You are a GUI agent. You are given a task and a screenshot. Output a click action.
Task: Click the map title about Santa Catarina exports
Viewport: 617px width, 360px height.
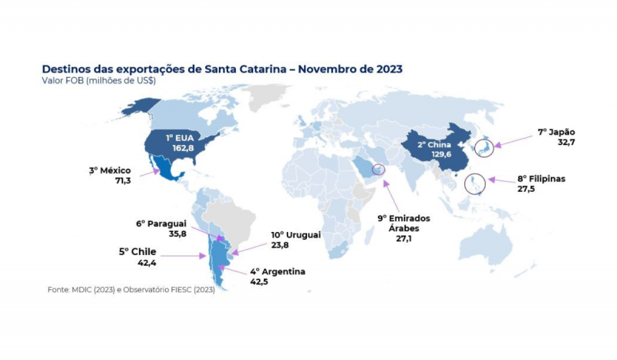click(222, 69)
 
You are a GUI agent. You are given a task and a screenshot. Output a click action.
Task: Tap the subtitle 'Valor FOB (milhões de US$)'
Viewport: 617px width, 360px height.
click(93, 80)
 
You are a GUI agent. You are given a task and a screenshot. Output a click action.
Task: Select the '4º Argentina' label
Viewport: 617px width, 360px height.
click(278, 271)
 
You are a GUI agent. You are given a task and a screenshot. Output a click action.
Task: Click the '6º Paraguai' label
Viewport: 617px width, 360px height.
click(163, 224)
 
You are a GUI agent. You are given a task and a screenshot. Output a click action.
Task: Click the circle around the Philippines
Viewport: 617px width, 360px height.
click(477, 184)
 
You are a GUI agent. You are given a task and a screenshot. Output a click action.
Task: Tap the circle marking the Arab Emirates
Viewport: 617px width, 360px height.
click(378, 170)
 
